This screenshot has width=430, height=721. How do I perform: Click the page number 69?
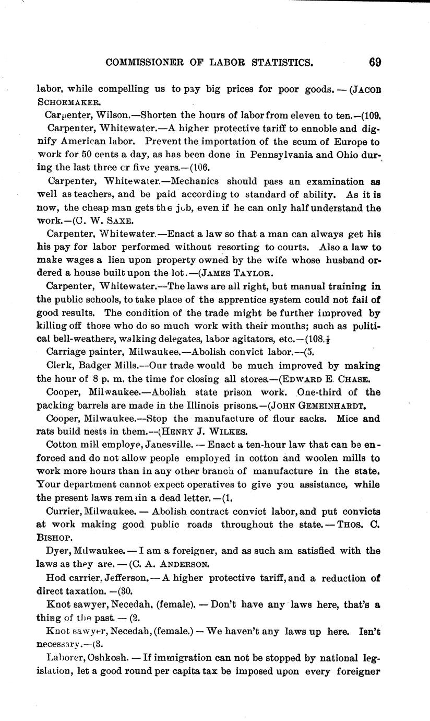click(375, 62)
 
